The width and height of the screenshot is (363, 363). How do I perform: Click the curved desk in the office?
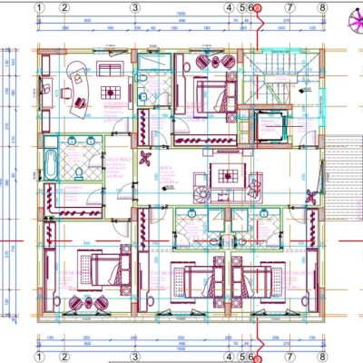(68, 86)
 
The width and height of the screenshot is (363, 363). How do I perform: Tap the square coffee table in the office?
(108, 91)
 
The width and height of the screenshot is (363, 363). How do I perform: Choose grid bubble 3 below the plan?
(134, 357)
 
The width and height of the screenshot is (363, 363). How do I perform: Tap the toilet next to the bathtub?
(79, 168)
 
